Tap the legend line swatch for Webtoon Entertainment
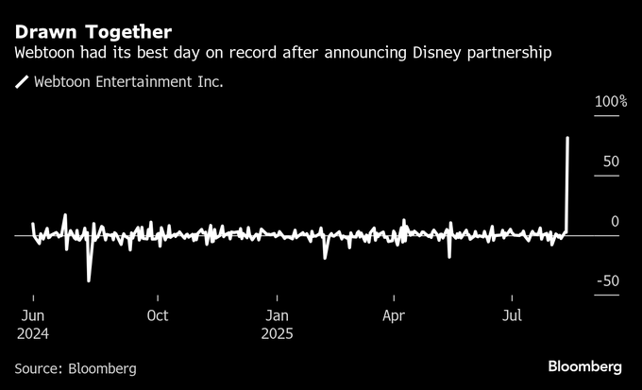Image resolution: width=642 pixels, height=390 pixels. [x=21, y=83]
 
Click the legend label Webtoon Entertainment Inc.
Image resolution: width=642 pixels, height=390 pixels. [x=128, y=83]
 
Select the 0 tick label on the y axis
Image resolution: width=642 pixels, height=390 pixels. [x=614, y=221]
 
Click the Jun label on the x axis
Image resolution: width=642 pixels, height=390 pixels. [x=32, y=315]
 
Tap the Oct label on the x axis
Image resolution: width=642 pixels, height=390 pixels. [x=158, y=315]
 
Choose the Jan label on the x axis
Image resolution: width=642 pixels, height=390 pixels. [x=277, y=315]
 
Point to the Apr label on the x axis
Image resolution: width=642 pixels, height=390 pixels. [x=394, y=315]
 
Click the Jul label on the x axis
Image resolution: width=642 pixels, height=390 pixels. [x=513, y=315]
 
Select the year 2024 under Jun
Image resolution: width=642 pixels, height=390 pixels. [x=32, y=333]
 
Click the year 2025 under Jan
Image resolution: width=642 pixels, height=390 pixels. [x=277, y=333]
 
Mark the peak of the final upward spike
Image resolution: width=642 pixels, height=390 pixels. [x=567, y=138]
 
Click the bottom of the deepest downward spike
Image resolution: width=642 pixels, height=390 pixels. [x=89, y=280]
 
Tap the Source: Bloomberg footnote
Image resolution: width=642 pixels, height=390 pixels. [x=76, y=368]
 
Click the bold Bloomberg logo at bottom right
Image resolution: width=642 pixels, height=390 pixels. [x=584, y=366]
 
